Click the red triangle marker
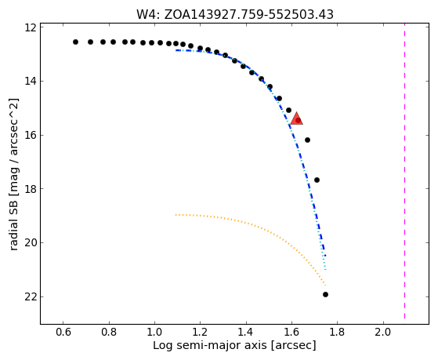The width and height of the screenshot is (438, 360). [x=296, y=119]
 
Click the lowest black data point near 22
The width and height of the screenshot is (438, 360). [x=325, y=295]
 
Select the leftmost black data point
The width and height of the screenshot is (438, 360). [x=75, y=42]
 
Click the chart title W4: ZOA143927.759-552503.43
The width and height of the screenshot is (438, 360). [x=235, y=15]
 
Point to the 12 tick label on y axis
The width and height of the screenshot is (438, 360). [x=31, y=27]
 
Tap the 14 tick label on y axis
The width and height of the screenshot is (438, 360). [x=31, y=81]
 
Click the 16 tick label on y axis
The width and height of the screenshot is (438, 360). [x=31, y=135]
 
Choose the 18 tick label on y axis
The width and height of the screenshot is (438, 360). [x=31, y=189]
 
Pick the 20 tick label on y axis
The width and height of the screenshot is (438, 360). [x=31, y=243]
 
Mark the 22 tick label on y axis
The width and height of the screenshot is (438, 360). [x=31, y=296]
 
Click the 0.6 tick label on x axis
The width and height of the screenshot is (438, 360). [x=63, y=332]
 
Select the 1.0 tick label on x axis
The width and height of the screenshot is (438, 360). [x=154, y=332]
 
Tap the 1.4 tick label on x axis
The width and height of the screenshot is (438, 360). [x=246, y=332]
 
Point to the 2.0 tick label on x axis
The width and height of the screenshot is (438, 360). [x=383, y=332]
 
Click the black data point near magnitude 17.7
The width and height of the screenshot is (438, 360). [x=317, y=180]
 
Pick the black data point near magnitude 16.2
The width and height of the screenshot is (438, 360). [x=308, y=140]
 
